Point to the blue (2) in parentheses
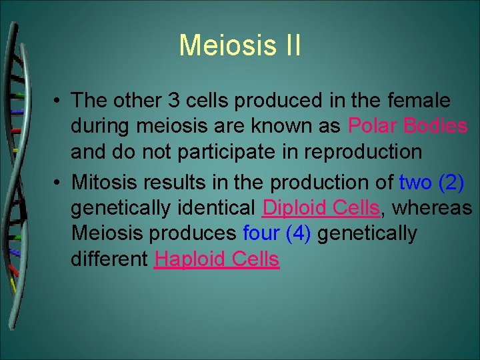[x=451, y=181]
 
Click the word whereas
[x=432, y=207]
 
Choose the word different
[x=109, y=259]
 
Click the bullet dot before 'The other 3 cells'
[x=59, y=101]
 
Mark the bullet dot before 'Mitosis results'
[x=59, y=182]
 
